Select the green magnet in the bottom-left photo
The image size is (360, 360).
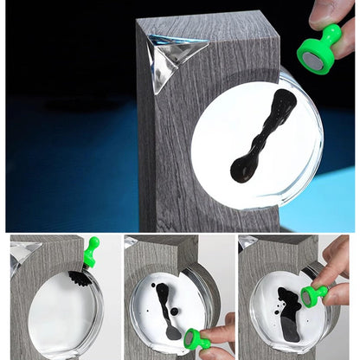89,252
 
